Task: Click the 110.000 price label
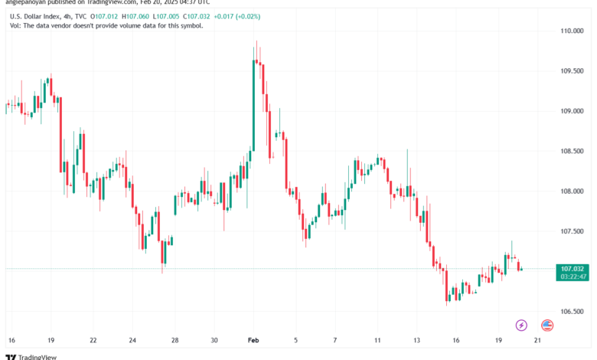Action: tap(573, 31)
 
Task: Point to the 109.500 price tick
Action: tap(573, 71)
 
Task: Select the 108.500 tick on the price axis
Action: tap(573, 152)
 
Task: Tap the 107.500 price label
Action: tap(573, 231)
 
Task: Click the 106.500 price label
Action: tap(573, 312)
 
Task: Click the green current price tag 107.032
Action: tap(573, 269)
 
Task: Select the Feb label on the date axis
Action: tap(253, 339)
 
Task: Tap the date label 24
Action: tap(132, 339)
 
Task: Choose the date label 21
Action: tap(537, 339)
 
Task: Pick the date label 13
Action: tap(416, 339)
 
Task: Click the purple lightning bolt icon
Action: tap(521, 326)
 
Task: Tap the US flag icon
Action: tap(547, 326)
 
